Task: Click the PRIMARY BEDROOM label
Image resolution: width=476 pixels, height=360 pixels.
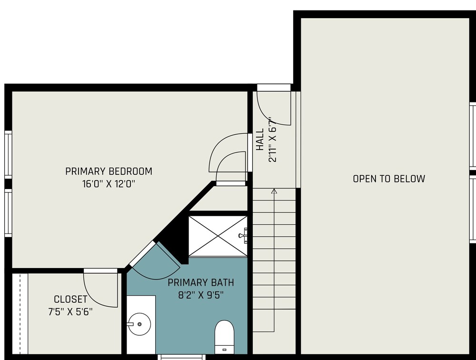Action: (x=109, y=171)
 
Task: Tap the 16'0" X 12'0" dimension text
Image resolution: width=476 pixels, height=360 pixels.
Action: (x=109, y=184)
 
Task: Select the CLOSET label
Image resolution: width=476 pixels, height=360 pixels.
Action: (x=70, y=299)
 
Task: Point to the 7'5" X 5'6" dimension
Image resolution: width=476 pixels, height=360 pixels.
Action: (x=70, y=312)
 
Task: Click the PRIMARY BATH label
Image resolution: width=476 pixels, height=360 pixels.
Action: (x=201, y=282)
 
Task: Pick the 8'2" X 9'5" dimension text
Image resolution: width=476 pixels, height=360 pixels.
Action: (x=201, y=295)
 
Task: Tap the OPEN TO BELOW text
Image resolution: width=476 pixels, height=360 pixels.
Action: (x=389, y=179)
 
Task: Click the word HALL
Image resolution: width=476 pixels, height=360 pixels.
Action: (x=260, y=140)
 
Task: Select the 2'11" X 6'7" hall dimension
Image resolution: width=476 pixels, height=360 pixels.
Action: (x=273, y=140)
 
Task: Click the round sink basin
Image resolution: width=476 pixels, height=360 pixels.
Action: (x=139, y=324)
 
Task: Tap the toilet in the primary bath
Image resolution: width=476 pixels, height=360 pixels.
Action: (x=224, y=337)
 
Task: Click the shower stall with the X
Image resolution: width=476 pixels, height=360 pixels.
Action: (x=218, y=236)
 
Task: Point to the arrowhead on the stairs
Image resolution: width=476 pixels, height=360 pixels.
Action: (x=274, y=191)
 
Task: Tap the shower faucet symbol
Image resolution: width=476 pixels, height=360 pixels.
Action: (x=243, y=235)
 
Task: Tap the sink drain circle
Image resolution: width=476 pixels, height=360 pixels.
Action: (x=139, y=324)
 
